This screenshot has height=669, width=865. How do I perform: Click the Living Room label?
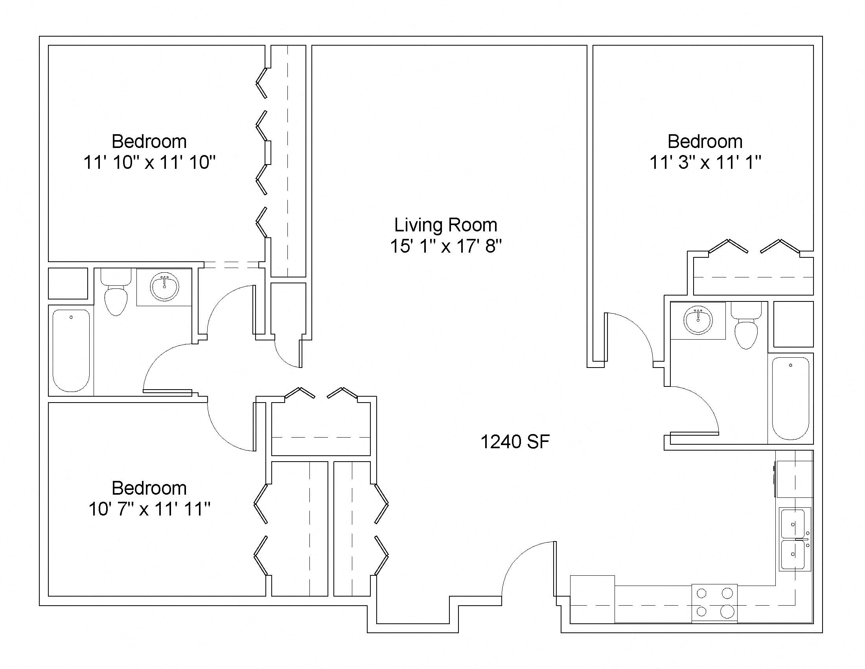445,225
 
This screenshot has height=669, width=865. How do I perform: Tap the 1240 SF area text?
515,442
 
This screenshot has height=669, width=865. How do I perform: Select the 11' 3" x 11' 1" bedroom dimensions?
705,162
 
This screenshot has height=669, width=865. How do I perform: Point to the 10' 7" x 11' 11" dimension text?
149,509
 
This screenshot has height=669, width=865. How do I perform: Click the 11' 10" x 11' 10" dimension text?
149,162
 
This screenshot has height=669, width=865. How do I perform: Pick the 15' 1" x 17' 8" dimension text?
445,246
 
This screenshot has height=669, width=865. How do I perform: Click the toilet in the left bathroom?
116,292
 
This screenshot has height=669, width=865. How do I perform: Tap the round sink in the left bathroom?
165,286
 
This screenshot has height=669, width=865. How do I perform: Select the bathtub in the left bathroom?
71,350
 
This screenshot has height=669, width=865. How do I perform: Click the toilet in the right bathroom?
746,325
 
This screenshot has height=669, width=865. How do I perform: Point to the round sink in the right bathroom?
698,320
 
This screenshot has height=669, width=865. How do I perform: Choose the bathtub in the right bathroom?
791,398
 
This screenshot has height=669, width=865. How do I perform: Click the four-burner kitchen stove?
714,602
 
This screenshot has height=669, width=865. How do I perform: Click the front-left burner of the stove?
701,612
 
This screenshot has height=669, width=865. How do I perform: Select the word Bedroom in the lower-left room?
149,488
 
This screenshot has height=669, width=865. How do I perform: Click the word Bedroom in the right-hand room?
705,141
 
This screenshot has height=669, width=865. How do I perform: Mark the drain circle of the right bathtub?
791,365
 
